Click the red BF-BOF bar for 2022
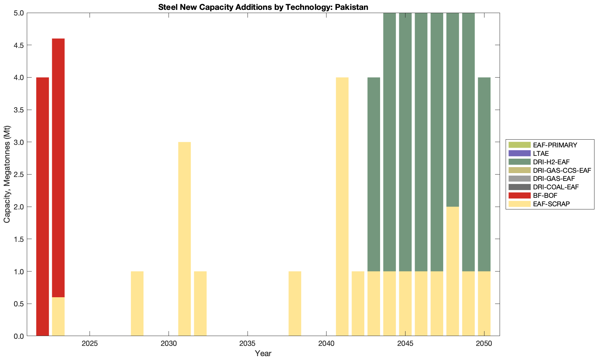(42, 206)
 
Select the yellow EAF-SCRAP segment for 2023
(58, 316)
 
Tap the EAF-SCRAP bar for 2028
(137, 303)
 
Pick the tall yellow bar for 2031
(184, 239)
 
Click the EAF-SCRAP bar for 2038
(295, 303)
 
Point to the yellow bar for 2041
(342, 206)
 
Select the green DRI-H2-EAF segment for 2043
(374, 174)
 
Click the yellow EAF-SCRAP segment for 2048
(453, 271)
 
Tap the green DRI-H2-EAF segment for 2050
(484, 174)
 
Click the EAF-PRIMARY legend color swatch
(519, 145)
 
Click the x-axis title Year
(263, 353)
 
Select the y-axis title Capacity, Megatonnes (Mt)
(7, 174)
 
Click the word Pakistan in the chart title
(353, 7)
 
